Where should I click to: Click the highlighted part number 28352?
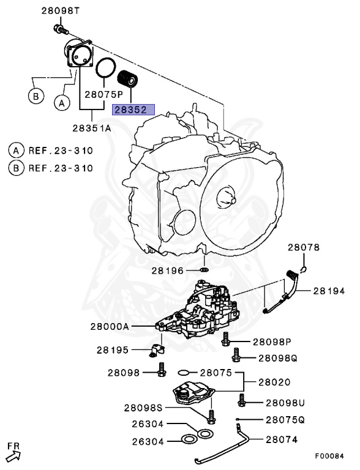(x=133, y=110)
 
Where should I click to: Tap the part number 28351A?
(x=92, y=129)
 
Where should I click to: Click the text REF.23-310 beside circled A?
(x=58, y=150)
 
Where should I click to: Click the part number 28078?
(x=304, y=248)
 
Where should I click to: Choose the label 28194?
(x=329, y=292)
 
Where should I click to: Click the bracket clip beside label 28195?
(x=157, y=351)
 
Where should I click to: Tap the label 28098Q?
(x=277, y=357)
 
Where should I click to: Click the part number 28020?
(x=274, y=382)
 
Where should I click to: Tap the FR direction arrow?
(x=13, y=453)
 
